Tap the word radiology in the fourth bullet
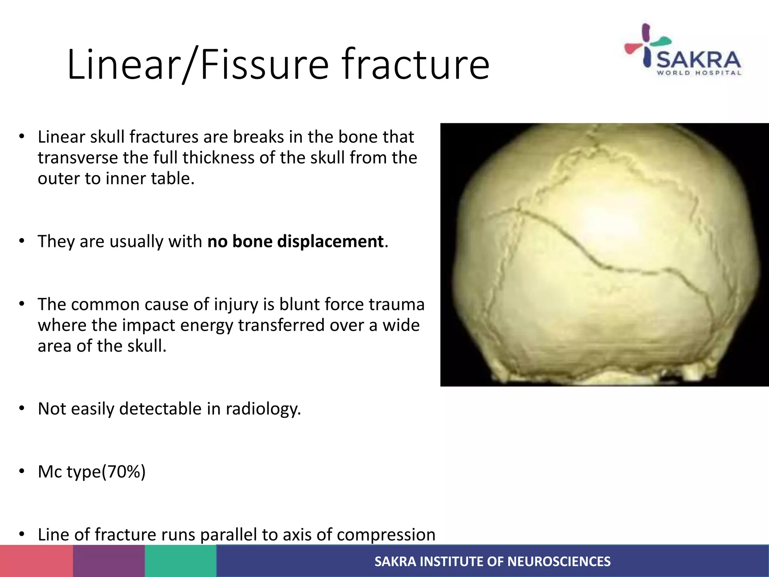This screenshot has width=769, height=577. click(x=263, y=409)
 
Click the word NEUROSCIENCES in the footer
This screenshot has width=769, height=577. click(x=559, y=562)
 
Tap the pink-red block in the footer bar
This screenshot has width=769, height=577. click(x=36, y=561)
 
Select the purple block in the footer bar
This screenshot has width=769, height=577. click(x=109, y=561)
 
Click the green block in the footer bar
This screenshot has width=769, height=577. click(x=181, y=561)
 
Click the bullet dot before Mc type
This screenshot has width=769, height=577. click(x=22, y=471)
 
